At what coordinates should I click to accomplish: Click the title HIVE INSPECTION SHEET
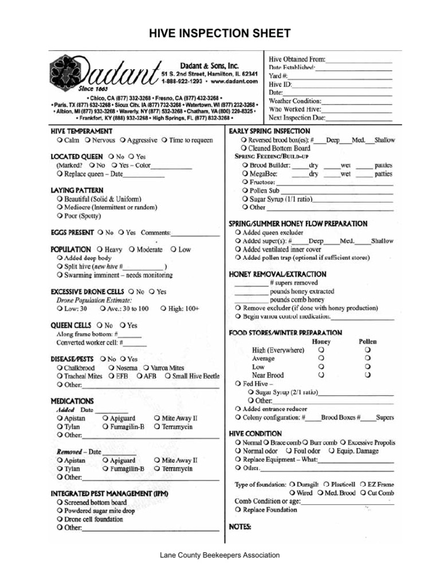pos(220,34)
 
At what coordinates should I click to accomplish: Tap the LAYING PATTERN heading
pos(77,189)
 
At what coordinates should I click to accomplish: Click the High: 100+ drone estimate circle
pos(164,308)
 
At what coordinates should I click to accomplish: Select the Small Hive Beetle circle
pos(168,376)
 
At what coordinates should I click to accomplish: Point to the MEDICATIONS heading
pos(72,401)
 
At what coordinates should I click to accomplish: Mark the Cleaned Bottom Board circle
pos(244,148)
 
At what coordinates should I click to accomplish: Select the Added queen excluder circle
pos(238,233)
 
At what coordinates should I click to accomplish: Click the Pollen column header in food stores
pos(368,341)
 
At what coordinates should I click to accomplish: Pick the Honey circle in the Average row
pos(321,358)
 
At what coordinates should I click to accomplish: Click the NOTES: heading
pos(240,526)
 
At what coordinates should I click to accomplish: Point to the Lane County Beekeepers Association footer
pos(220,555)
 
